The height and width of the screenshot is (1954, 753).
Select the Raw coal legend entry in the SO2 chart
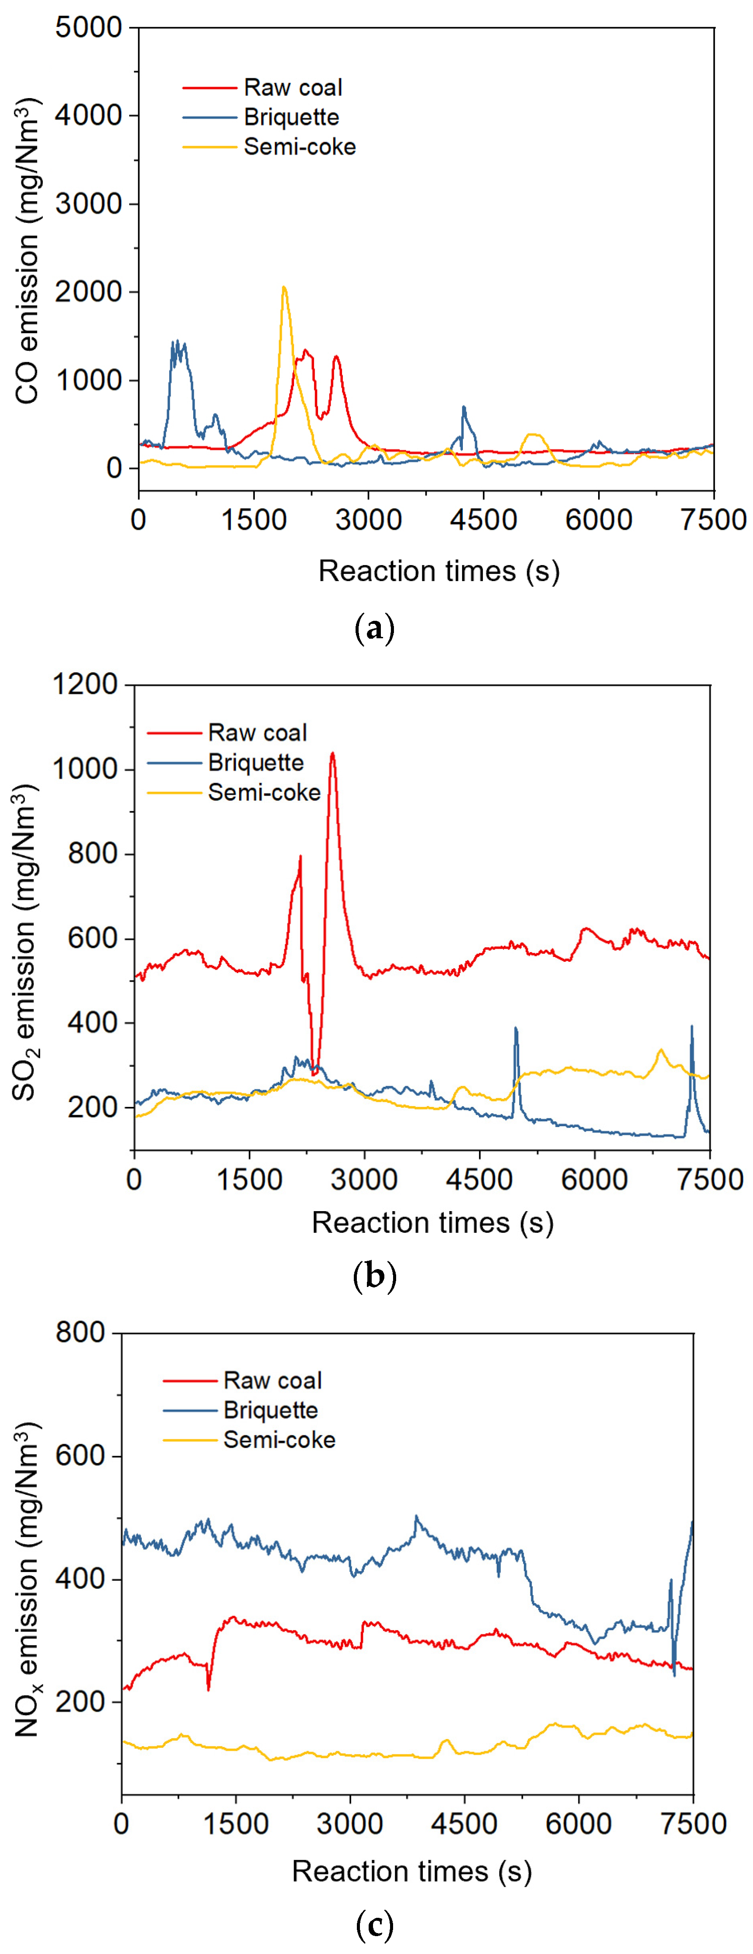pos(257,733)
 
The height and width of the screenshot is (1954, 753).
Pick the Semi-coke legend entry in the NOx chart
pos(279,1440)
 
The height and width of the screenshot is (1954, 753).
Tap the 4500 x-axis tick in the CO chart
pos(483,521)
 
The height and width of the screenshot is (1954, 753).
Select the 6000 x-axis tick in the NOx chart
pos(578,1824)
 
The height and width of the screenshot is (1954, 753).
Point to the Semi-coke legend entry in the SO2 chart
pos(264,793)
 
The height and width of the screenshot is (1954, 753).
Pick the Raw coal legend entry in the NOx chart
pos(273,1381)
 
